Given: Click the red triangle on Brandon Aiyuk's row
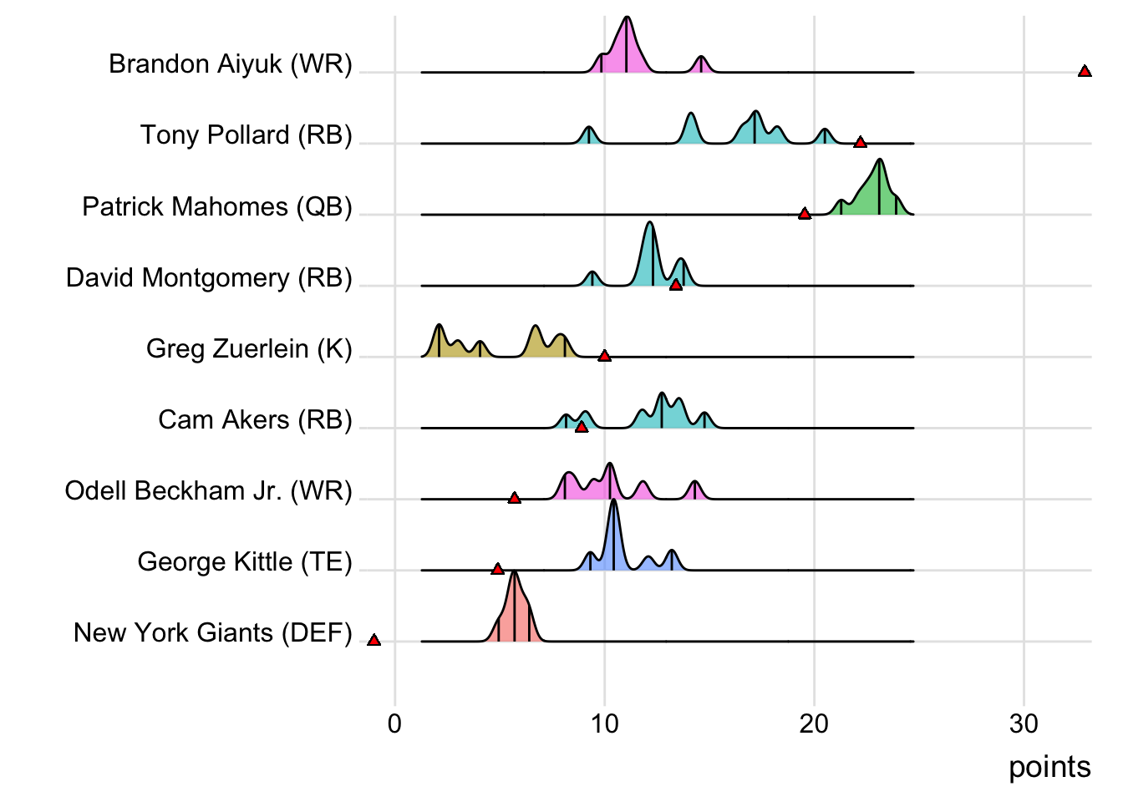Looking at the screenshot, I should point(1085,72).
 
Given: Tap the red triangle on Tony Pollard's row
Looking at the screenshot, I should point(860,143).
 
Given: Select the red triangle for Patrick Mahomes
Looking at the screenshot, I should point(805,214).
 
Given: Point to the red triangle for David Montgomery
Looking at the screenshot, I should point(676,285).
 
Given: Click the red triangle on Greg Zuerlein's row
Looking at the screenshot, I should point(605,356).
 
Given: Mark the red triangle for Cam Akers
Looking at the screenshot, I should point(582,427).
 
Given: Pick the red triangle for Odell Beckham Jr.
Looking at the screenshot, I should point(515,498).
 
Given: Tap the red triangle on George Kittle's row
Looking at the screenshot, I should point(498,569).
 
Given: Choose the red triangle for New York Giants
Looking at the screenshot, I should point(374,640).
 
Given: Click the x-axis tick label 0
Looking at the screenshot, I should point(395,723).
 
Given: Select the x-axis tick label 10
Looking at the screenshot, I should point(604,723).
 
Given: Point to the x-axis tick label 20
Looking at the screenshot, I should point(814,723).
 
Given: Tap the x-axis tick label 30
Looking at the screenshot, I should point(1024,723).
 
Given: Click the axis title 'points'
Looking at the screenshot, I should point(1049,767).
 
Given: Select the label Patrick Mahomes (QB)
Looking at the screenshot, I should point(217,206).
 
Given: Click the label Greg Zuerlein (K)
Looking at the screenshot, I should point(249,348).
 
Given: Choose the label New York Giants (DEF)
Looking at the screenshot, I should point(213,632).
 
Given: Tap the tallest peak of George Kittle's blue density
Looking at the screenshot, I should point(614,501).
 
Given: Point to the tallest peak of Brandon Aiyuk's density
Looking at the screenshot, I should point(627,18).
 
